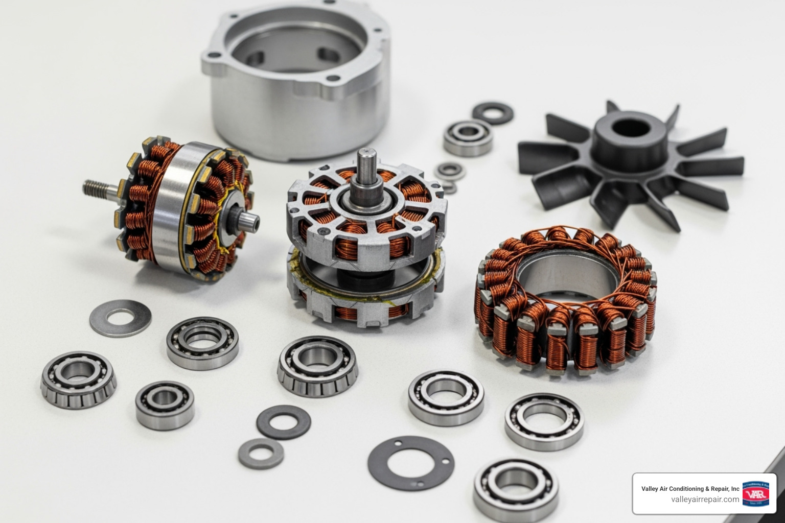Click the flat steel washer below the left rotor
[120, 318]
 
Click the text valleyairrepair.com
[705, 500]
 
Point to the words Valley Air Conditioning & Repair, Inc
[690, 489]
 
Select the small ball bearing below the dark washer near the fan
[467, 137]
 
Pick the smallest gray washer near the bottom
[261, 453]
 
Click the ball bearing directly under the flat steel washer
[202, 342]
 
